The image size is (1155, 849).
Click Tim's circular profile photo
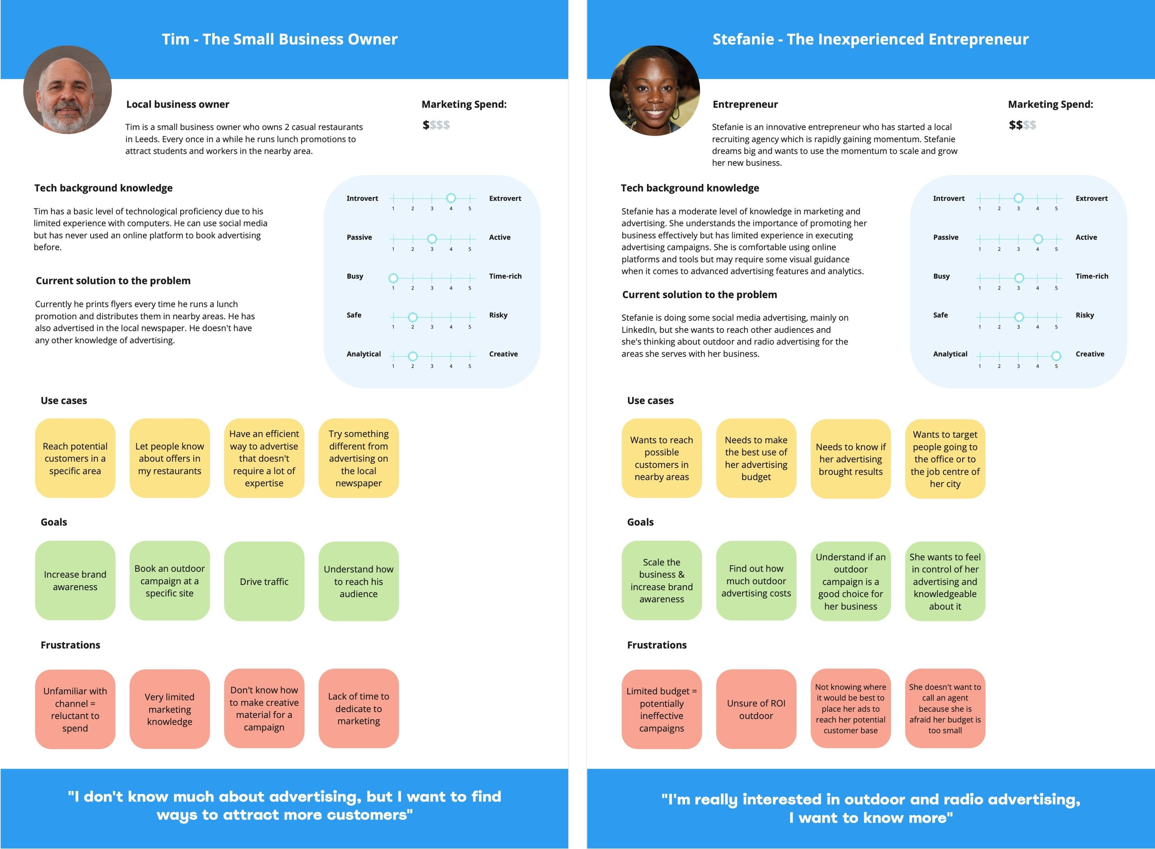[x=67, y=90]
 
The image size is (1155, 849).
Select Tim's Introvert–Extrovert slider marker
[x=451, y=198]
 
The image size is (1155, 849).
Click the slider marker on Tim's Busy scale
[x=393, y=278]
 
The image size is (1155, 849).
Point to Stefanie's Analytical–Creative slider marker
[x=1056, y=356]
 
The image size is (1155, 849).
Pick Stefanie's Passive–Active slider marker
[x=1038, y=239]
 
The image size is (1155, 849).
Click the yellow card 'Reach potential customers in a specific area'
[x=75, y=458]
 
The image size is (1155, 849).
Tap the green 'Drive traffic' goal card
[x=264, y=581]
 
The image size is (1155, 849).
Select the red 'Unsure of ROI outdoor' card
[x=756, y=709]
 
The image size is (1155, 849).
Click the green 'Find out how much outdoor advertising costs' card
[x=756, y=581]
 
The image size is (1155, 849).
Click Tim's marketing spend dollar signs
[x=436, y=125]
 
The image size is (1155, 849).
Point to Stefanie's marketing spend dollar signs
[x=1022, y=125]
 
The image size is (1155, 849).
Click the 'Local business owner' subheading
[x=177, y=104]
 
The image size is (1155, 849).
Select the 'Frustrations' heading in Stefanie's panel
[x=657, y=645]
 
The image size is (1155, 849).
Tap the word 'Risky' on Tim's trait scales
[x=498, y=315]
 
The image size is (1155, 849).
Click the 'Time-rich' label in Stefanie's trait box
[x=1092, y=276]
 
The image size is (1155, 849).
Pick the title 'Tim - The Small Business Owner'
[x=280, y=39]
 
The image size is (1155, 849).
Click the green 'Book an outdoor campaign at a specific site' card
[x=169, y=581]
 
